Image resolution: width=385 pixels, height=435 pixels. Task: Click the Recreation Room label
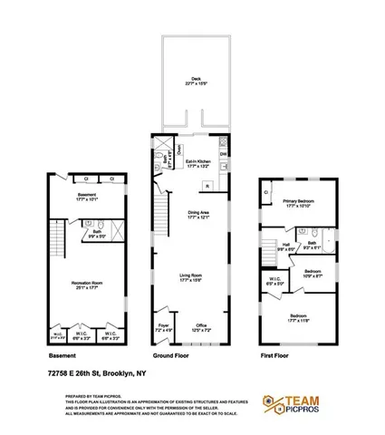85,284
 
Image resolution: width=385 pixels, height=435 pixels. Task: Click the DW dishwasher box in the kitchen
223,153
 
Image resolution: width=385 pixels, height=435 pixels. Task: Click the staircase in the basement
53,243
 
